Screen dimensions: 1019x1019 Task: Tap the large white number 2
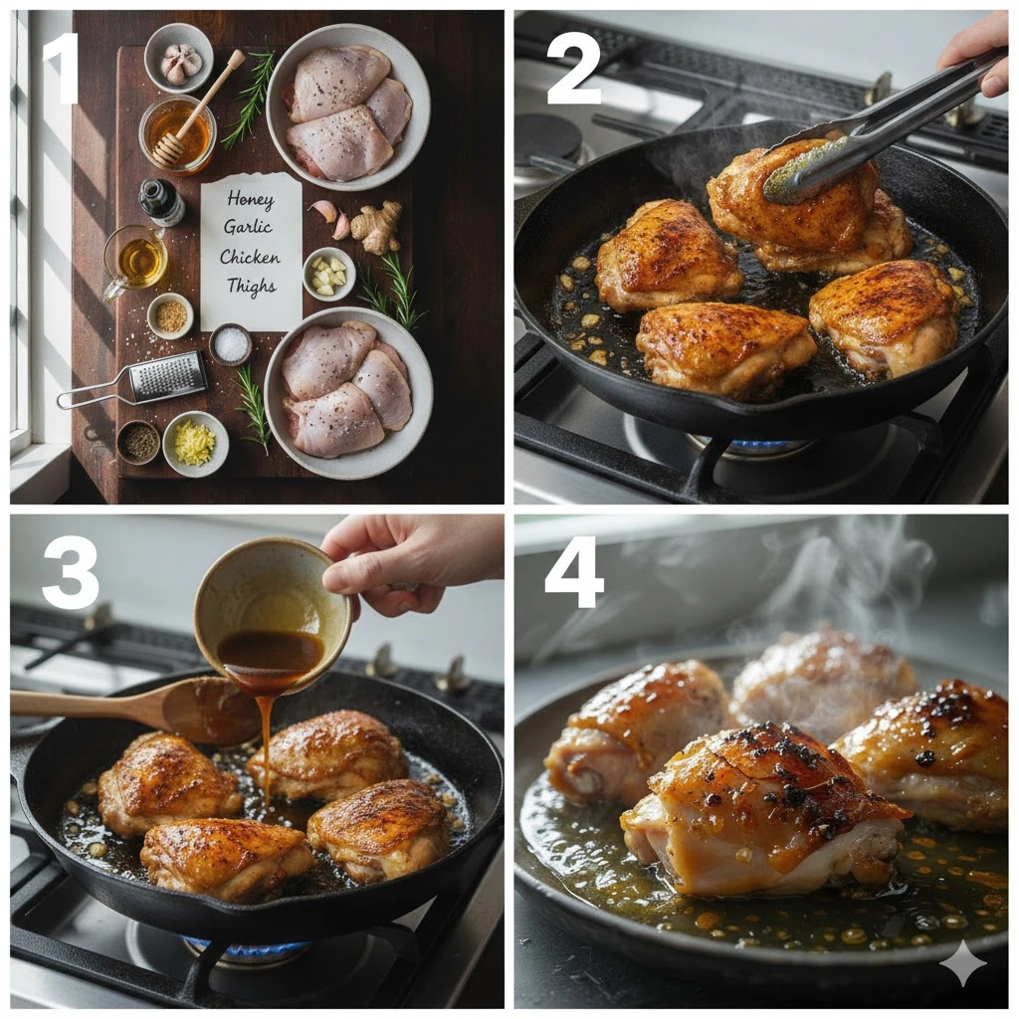pyautogui.click(x=573, y=71)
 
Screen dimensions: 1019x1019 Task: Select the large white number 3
pyautogui.click(x=71, y=574)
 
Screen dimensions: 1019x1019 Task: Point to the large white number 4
pyautogui.click(x=574, y=573)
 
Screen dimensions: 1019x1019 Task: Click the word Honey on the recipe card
pyautogui.click(x=251, y=199)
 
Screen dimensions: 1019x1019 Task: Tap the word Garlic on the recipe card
pyautogui.click(x=248, y=227)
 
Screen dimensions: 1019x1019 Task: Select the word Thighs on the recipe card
pyautogui.click(x=252, y=286)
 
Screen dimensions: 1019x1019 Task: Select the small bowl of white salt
pyautogui.click(x=231, y=343)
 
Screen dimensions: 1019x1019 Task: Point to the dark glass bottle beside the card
pyautogui.click(x=160, y=202)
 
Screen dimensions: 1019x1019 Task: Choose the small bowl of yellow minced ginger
pyautogui.click(x=196, y=444)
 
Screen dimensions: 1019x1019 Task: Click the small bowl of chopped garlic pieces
pyautogui.click(x=328, y=274)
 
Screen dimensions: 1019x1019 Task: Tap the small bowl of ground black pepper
pyautogui.click(x=137, y=443)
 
